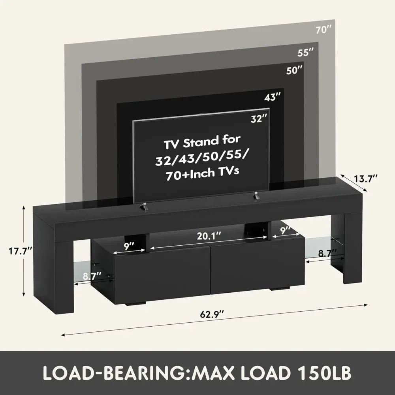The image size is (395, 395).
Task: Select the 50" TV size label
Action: [x=295, y=71]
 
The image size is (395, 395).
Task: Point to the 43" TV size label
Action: [x=273, y=97]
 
